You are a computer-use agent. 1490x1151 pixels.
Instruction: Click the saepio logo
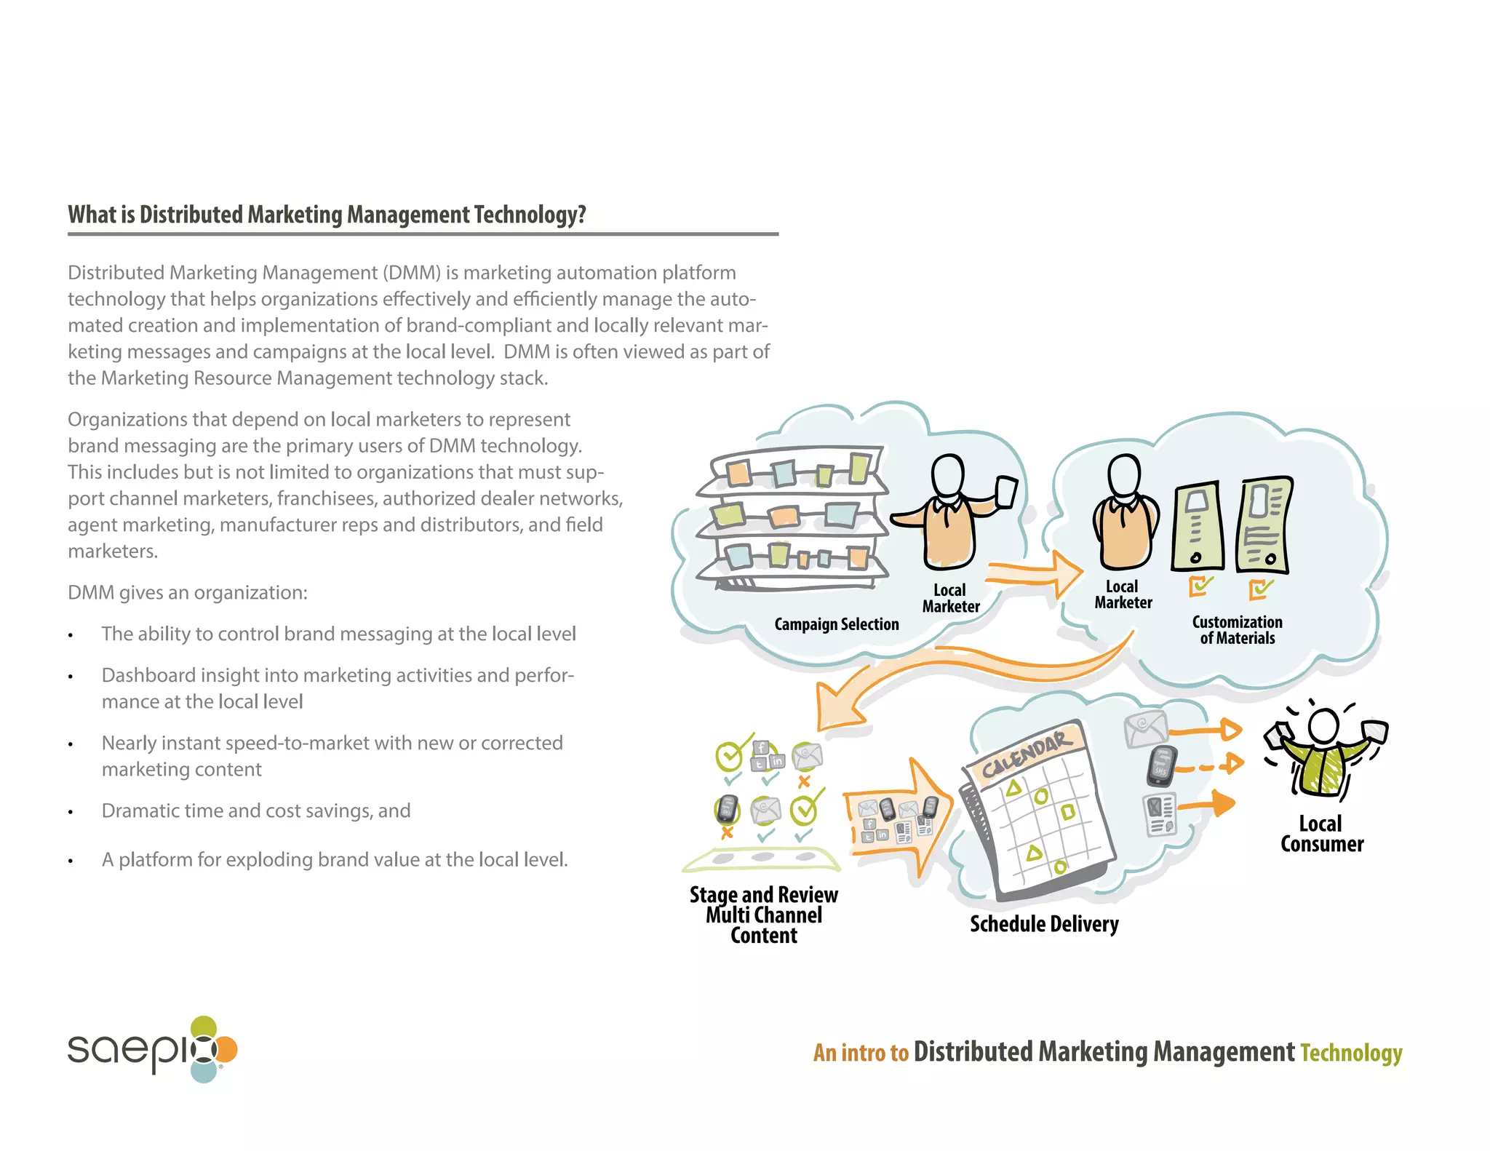[152, 1049]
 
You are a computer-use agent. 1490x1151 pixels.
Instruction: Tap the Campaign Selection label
[836, 624]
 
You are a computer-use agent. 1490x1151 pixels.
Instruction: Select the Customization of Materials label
[1237, 630]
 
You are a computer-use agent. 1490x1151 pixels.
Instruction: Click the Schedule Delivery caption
[1044, 924]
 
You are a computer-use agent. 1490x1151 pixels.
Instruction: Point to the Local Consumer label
[1321, 834]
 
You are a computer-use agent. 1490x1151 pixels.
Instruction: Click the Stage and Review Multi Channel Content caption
[763, 915]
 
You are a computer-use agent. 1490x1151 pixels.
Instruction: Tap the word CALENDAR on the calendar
[1026, 755]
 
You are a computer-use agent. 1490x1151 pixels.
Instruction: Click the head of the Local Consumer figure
[1323, 725]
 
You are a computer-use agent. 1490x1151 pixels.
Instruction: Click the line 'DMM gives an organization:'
[188, 593]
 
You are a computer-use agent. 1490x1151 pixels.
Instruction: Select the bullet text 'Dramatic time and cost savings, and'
[256, 811]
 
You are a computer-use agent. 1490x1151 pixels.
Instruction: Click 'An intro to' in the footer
[861, 1053]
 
